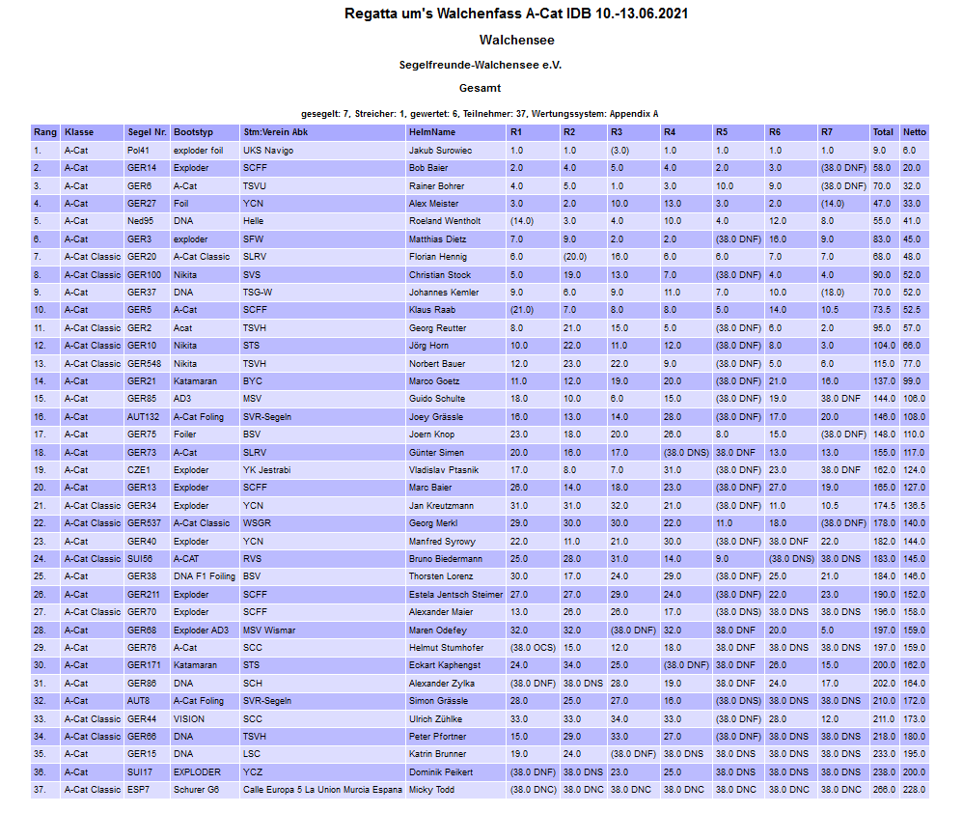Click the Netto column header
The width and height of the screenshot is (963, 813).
pyautogui.click(x=914, y=132)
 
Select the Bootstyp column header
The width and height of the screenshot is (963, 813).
pyautogui.click(x=193, y=132)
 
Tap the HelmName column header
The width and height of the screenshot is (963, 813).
pyautogui.click(x=431, y=132)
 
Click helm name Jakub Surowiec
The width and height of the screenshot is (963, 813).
pyautogui.click(x=440, y=151)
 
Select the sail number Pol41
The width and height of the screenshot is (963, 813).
pyautogui.click(x=138, y=151)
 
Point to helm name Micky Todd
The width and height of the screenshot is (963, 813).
pyautogui.click(x=432, y=790)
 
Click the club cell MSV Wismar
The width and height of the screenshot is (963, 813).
pyautogui.click(x=268, y=630)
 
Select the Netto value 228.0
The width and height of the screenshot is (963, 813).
pyautogui.click(x=914, y=790)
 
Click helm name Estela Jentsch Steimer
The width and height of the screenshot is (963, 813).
pyautogui.click(x=455, y=594)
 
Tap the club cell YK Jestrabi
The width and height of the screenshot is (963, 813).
pyautogui.click(x=267, y=470)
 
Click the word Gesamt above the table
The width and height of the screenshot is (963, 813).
pyautogui.click(x=480, y=88)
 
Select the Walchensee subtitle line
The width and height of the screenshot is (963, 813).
pyautogui.click(x=516, y=41)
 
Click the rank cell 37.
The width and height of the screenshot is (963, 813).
pyautogui.click(x=39, y=790)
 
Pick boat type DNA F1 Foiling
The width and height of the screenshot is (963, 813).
pyautogui.click(x=205, y=576)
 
